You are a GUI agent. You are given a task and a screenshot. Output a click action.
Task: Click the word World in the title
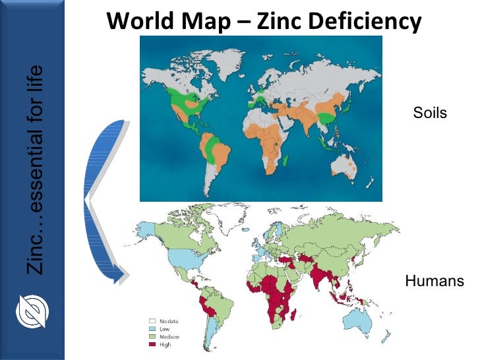coord(136,22)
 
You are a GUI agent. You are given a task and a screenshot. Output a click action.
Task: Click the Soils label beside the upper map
coord(430,113)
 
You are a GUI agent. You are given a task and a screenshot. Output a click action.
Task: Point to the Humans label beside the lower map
coord(435,282)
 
